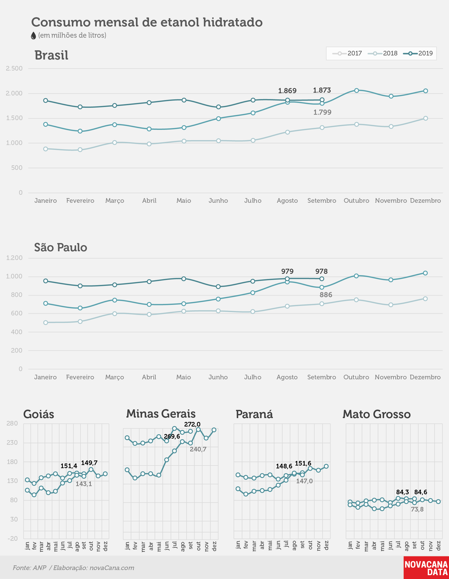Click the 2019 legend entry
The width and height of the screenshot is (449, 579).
(x=418, y=53)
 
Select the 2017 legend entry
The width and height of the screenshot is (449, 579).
(x=347, y=53)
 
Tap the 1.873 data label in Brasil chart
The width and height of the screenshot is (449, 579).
(x=322, y=90)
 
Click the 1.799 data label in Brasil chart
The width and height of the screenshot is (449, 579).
(x=322, y=112)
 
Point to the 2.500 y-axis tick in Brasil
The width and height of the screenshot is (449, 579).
(x=14, y=69)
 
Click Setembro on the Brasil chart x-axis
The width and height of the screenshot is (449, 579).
(x=322, y=200)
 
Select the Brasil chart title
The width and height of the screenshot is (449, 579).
(x=51, y=55)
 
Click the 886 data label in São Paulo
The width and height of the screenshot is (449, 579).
(x=326, y=295)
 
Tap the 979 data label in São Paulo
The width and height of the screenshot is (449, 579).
(x=287, y=271)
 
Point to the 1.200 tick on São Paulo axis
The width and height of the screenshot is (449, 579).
(x=14, y=258)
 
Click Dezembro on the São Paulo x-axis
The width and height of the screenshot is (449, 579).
(x=425, y=377)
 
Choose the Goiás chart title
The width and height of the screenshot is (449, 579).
(x=39, y=414)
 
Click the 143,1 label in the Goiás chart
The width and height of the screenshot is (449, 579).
(x=84, y=484)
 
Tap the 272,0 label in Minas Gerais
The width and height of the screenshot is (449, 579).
(x=192, y=424)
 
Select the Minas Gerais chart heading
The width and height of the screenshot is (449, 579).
(x=161, y=413)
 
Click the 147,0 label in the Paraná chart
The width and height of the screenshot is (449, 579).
(x=304, y=481)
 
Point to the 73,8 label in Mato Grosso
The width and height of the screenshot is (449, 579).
(x=417, y=509)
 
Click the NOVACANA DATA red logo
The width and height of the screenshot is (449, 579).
(x=426, y=568)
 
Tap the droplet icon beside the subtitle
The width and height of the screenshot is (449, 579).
(x=33, y=35)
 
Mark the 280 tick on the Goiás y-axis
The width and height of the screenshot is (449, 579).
(x=12, y=423)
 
